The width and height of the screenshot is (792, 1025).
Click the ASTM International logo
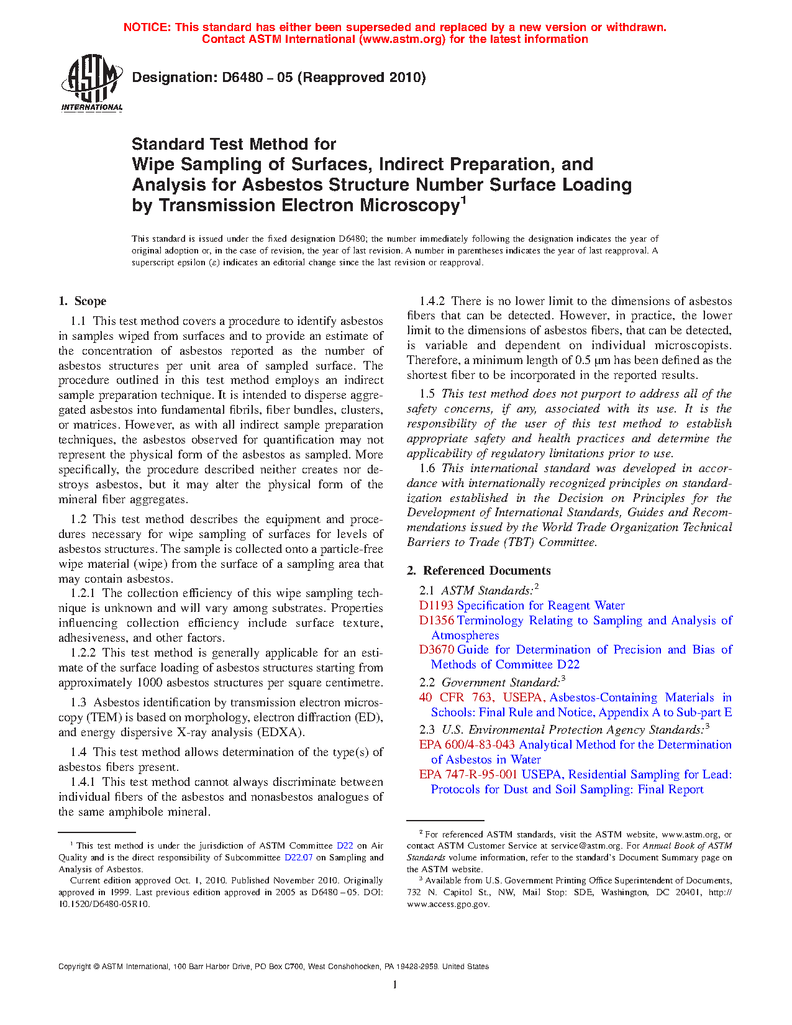92,83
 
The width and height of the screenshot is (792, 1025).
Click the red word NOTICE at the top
146,27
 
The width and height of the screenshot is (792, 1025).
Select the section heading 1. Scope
83,301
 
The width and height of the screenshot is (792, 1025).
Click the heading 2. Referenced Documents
479,571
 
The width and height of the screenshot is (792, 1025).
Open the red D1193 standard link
436,606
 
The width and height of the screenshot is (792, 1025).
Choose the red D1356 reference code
436,621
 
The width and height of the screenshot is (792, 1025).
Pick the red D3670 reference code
436,650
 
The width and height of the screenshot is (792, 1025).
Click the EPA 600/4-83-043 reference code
467,745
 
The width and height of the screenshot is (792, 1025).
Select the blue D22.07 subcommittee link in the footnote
298,857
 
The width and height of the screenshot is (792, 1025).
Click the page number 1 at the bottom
395,984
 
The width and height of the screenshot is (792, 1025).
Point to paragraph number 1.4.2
432,301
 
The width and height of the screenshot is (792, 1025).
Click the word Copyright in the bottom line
75,967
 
